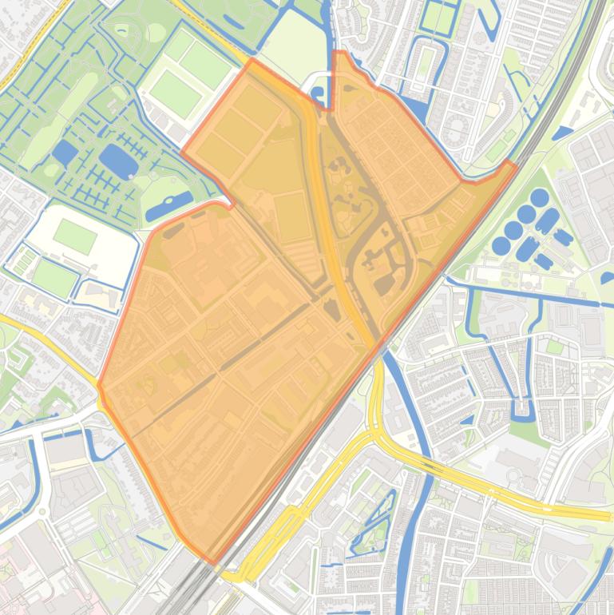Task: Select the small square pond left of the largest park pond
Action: click(64, 153)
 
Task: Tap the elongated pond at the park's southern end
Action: click(168, 205)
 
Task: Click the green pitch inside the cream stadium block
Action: click(75, 236)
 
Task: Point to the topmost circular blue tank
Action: click(540, 196)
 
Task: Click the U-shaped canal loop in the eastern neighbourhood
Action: click(523, 407)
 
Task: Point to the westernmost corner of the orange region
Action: click(99, 386)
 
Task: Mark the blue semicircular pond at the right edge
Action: click(608, 278)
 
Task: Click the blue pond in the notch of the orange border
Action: click(318, 95)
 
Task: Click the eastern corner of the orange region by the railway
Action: click(512, 164)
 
